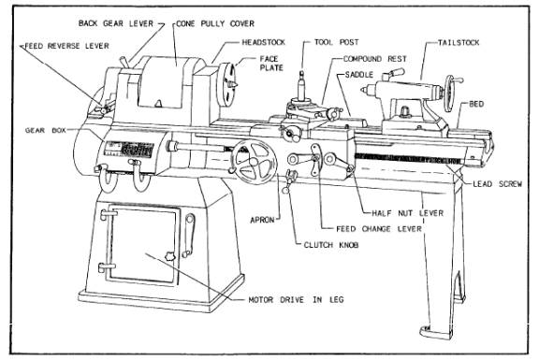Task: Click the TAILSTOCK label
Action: point(459,43)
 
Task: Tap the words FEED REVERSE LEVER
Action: point(66,46)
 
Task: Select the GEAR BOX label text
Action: point(45,131)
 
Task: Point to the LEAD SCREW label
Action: point(498,184)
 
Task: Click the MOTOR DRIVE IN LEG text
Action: point(296,300)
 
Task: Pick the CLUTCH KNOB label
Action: point(331,245)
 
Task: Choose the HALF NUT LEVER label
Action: point(408,213)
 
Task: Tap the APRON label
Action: point(262,220)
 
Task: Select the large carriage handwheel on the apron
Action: point(254,162)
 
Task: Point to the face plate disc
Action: point(226,85)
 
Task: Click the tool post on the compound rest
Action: point(301,87)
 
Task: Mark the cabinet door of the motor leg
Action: point(142,245)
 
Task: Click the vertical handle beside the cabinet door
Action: point(188,236)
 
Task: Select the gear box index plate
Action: point(129,149)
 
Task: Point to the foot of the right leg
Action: point(435,332)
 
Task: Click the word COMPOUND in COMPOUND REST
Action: point(363,59)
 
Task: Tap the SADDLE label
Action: point(359,75)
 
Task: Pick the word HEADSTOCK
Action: point(264,42)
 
